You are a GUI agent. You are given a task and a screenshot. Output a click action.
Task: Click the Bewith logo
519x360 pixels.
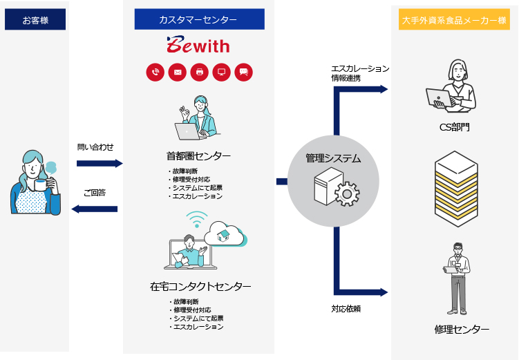[x=198, y=46]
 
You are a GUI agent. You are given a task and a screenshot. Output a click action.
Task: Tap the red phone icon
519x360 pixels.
[x=155, y=71]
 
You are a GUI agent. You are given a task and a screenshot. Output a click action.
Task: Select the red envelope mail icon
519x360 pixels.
[x=178, y=71]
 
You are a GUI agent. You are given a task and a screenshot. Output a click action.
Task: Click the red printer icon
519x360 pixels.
[x=200, y=71]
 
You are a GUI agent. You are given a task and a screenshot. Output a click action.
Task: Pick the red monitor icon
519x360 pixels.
[x=222, y=71]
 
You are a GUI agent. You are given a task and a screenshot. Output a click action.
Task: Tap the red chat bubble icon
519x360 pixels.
[x=243, y=71]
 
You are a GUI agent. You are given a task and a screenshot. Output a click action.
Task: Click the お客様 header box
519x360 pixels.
[x=35, y=20]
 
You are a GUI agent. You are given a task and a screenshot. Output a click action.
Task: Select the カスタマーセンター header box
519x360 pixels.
[x=199, y=20]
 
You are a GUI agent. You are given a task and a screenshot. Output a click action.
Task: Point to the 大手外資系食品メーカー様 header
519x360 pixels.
[x=454, y=20]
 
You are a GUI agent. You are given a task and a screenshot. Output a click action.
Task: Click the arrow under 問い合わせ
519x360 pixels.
[x=99, y=164]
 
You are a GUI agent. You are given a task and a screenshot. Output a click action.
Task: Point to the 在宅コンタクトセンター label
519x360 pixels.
[x=200, y=286]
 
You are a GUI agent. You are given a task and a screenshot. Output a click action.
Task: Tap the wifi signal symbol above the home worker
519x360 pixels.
[x=197, y=220]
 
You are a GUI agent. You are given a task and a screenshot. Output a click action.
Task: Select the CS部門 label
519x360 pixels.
[x=455, y=126]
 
